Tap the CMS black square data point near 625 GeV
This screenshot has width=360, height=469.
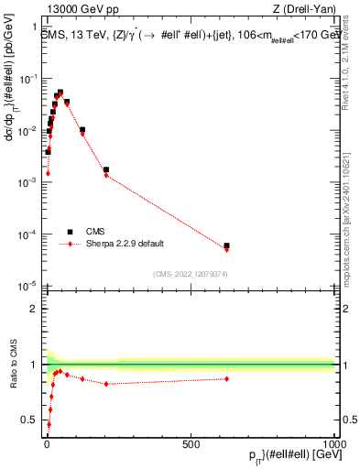pyautogui.click(x=226, y=245)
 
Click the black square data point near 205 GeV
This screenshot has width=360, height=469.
pyautogui.click(x=106, y=169)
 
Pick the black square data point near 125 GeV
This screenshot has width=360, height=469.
pyautogui.click(x=82, y=130)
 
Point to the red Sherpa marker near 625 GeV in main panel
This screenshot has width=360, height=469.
pyautogui.click(x=226, y=249)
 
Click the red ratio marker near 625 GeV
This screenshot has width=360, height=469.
pyautogui.click(x=226, y=378)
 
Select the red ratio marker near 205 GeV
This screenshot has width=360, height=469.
pyautogui.click(x=106, y=384)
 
